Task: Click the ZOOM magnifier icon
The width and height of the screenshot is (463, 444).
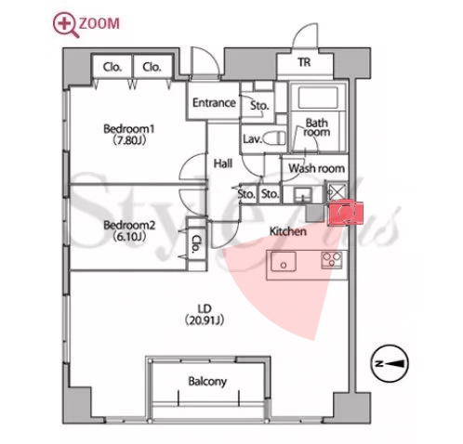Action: point(66,25)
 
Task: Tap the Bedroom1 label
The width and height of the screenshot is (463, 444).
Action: point(129,135)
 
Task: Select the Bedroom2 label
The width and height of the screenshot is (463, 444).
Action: point(129,230)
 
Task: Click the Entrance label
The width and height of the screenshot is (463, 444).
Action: point(214,102)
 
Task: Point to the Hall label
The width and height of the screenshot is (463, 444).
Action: point(223,163)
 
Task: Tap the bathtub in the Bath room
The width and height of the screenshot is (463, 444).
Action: point(318,98)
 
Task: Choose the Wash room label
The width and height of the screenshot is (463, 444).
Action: point(316,168)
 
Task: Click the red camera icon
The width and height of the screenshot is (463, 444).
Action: point(345,212)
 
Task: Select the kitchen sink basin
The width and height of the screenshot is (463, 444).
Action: point(284,262)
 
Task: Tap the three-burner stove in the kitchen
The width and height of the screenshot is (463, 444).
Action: point(332,260)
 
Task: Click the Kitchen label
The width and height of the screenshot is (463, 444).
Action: point(288,231)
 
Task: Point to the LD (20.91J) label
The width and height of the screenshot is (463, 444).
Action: point(205,315)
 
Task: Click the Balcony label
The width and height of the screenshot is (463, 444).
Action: point(207,382)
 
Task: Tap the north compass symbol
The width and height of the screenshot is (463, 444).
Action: point(390,363)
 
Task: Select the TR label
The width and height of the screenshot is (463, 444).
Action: point(304,62)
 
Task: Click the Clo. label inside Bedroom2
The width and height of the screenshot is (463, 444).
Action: point(195,243)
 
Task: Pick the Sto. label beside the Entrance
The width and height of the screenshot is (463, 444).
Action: point(259,106)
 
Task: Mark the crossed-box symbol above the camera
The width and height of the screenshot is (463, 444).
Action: point(337,192)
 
